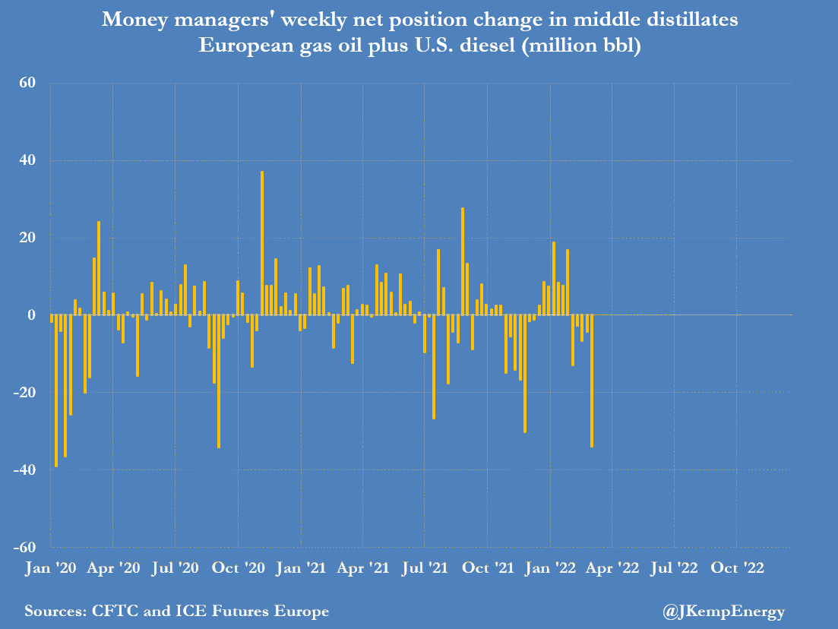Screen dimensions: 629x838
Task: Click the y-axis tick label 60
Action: [x=28, y=83]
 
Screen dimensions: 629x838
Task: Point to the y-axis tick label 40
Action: [x=28, y=160]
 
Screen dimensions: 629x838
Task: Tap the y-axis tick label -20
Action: [x=25, y=393]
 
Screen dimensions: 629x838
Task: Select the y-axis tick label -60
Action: [x=25, y=548]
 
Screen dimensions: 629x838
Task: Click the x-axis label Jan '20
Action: [x=50, y=567]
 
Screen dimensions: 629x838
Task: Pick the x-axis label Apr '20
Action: [x=112, y=567]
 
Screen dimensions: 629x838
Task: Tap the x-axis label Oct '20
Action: [x=238, y=567]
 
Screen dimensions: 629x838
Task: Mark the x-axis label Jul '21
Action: [x=425, y=567]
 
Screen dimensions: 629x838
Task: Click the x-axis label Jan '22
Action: [x=549, y=567]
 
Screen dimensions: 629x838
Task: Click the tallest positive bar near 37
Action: [x=262, y=243]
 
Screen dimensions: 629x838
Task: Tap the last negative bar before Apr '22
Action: [x=592, y=381]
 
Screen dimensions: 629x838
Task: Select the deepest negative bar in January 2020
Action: [x=55, y=390]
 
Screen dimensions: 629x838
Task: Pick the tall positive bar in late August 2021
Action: [x=463, y=261]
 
